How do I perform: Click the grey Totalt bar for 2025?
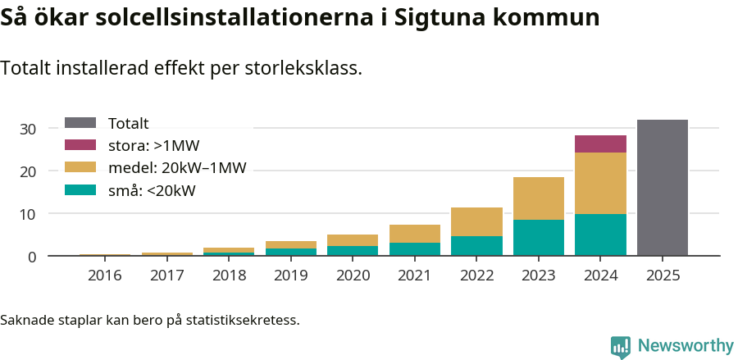[x=663, y=188]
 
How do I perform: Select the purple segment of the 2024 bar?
[x=600, y=144]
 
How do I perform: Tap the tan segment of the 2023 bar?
[x=539, y=198]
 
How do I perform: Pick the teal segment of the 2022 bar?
[x=476, y=246]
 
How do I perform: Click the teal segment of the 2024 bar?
[x=600, y=235]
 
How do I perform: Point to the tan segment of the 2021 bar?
[x=415, y=234]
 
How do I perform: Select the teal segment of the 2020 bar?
[x=353, y=251]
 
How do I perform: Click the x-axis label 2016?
[x=104, y=276]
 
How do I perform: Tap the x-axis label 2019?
[x=290, y=276]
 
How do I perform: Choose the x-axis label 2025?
[x=663, y=276]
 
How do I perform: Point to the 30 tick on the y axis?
[x=29, y=129]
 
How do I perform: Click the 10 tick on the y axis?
[x=29, y=214]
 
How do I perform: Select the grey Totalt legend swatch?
[x=80, y=124]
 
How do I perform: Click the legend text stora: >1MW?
[x=153, y=146]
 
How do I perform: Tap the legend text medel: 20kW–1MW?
[x=177, y=169]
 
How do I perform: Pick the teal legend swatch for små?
[x=80, y=191]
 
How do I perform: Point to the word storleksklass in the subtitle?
[x=303, y=68]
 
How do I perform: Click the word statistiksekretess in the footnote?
[x=243, y=319]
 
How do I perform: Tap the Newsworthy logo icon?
[x=621, y=347]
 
